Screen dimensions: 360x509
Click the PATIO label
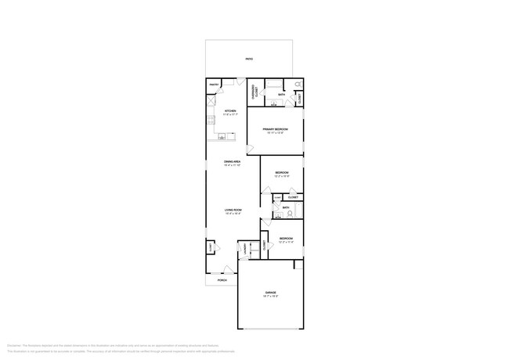click(249, 59)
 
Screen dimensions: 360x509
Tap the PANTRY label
click(213, 84)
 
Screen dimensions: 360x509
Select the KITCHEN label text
click(230, 111)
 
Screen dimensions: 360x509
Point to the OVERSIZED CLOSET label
click(254, 92)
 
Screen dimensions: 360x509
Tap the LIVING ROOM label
click(233, 210)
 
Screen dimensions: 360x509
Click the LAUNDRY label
click(245, 248)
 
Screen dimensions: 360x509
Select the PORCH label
click(222, 279)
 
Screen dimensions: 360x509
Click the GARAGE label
click(270, 293)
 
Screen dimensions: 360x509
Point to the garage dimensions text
click(270, 297)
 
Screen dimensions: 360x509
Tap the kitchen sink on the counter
click(222, 137)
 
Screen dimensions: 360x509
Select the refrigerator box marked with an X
click(211, 101)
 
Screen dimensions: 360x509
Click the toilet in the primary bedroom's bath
click(298, 85)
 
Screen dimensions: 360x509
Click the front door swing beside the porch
click(241, 268)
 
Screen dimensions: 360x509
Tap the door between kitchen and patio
click(240, 82)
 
